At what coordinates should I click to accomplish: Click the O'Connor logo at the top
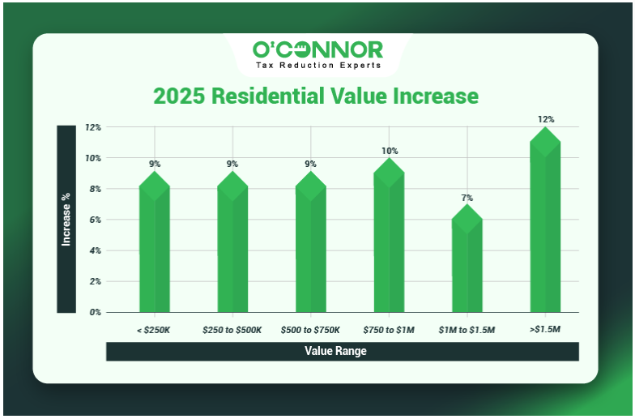[317, 54]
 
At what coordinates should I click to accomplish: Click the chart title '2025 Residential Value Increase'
[316, 96]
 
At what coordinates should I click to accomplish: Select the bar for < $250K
[154, 242]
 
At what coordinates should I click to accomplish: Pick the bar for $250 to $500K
[232, 242]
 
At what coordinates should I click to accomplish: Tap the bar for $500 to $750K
[311, 242]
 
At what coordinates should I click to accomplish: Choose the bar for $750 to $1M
[389, 235]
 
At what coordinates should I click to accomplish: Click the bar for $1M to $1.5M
[467, 258]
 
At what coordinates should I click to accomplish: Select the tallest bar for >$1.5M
[545, 220]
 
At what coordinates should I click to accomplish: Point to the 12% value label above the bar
[546, 120]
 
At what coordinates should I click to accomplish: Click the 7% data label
[467, 198]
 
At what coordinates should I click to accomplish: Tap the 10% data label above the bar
[389, 151]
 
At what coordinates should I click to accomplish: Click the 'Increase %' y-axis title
[66, 219]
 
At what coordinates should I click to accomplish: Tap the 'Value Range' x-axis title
[335, 351]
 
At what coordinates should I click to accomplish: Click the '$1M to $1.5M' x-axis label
[467, 331]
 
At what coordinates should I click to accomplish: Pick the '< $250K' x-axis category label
[154, 331]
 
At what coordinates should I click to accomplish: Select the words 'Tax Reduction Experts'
[318, 65]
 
